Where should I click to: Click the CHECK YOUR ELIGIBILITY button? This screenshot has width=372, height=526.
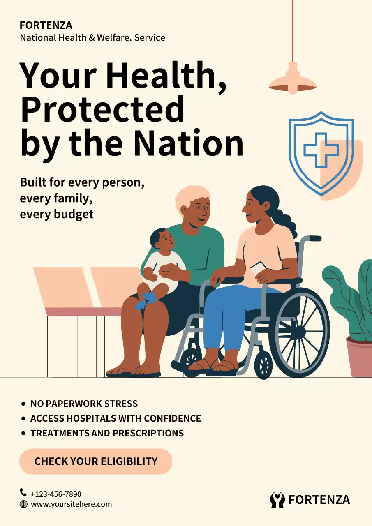click(96, 461)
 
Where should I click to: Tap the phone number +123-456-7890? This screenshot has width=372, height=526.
click(56, 494)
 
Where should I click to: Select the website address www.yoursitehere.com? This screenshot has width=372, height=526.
click(71, 504)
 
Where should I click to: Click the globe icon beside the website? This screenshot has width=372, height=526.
click(23, 504)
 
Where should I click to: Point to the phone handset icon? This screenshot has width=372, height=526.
click(23, 492)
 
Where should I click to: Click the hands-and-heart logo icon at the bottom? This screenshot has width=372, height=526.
click(277, 499)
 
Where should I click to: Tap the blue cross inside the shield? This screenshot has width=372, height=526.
click(321, 150)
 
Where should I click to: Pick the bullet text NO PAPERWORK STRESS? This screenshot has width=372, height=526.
click(84, 404)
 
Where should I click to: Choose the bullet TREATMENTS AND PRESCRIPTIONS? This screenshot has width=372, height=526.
click(107, 433)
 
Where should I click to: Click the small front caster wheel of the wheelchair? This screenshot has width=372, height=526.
click(263, 364)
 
